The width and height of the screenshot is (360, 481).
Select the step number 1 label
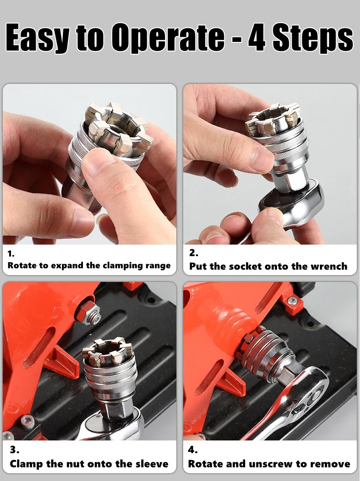click(11, 254)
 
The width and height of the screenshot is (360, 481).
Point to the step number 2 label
click(194, 253)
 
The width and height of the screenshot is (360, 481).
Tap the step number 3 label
click(15, 450)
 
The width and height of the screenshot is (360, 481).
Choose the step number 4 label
click(193, 450)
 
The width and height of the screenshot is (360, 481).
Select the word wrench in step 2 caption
click(329, 266)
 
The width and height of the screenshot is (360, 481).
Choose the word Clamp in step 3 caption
click(26, 464)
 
